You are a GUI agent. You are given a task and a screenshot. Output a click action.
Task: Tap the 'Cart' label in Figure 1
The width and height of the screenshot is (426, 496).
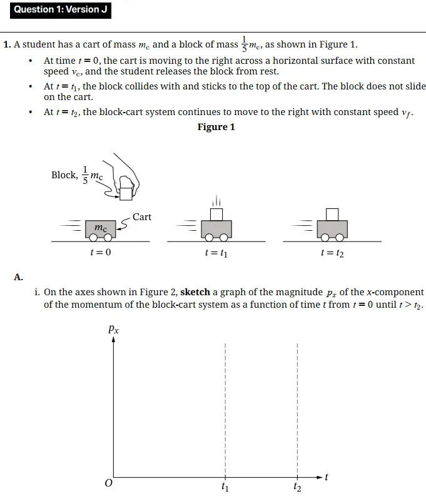pos(142,217)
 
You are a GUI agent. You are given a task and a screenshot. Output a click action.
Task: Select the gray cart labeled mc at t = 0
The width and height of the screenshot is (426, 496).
pos(100,229)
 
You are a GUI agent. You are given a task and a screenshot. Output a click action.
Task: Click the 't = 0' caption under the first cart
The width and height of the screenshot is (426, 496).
pos(100,253)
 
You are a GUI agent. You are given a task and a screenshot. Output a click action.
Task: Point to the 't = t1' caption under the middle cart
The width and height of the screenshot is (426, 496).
pos(216,253)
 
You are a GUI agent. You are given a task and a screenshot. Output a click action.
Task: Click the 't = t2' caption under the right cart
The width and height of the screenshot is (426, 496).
pos(332,253)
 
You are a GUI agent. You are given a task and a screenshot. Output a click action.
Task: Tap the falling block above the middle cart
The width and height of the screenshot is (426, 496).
pos(216,215)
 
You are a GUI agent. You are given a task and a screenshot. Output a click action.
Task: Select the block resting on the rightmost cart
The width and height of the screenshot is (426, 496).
pos(332,215)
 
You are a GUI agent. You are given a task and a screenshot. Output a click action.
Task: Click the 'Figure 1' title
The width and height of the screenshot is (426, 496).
pos(216,127)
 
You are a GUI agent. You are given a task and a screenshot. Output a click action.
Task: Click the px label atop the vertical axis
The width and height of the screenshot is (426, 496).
pos(113,328)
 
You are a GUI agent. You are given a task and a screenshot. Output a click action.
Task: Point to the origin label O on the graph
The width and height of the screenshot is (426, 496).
pos(108,483)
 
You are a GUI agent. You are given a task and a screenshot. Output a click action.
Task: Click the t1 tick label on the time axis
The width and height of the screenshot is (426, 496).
pos(225,487)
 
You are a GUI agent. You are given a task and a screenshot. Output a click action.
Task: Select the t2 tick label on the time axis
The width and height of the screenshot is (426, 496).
pos(297,487)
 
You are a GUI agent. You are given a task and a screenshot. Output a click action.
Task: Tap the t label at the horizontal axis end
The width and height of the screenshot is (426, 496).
pos(327,477)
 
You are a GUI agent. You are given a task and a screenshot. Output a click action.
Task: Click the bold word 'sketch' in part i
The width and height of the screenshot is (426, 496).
pos(195,292)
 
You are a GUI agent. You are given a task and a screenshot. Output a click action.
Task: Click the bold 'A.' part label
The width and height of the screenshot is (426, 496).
pos(18,276)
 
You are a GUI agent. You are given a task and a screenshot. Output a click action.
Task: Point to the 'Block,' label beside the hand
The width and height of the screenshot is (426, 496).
pos(64,175)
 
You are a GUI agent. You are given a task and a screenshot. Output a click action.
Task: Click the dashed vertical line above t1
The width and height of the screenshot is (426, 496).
pos(225,407)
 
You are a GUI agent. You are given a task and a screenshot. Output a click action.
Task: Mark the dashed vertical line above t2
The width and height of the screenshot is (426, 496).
pos(297,407)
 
